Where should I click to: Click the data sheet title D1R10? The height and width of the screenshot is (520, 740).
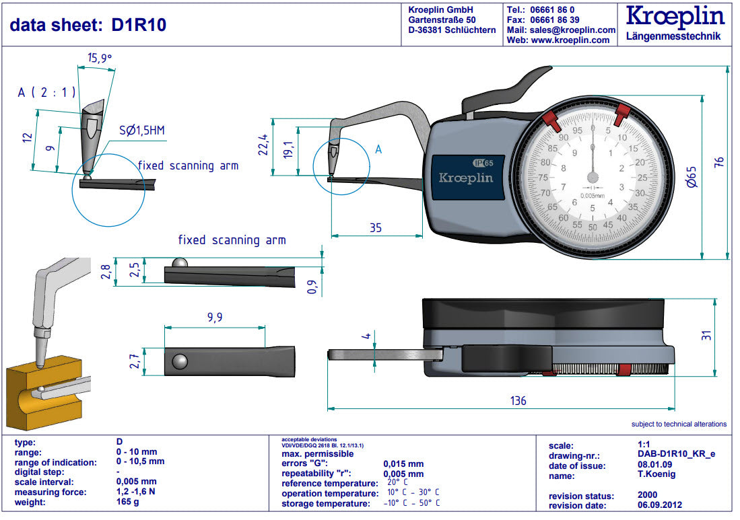pos(88,25)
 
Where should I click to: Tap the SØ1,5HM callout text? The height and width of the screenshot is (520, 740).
pos(141,131)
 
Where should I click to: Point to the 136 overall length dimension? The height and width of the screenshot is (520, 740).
pos(518,401)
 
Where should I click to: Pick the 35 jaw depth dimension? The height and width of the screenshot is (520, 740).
pos(376,228)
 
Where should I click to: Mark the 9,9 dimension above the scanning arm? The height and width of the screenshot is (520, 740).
pos(215,318)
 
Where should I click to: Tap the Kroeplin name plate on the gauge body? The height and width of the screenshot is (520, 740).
pos(466,178)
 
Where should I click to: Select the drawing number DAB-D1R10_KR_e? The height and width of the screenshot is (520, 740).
pos(676,455)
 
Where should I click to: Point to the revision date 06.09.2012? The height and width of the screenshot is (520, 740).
pos(661,505)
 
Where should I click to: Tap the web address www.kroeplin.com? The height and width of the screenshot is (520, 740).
pos(570,40)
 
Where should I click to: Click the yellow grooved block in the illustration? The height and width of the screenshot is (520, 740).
pos(40,397)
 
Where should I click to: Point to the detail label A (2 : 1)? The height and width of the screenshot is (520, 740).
pos(46,93)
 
